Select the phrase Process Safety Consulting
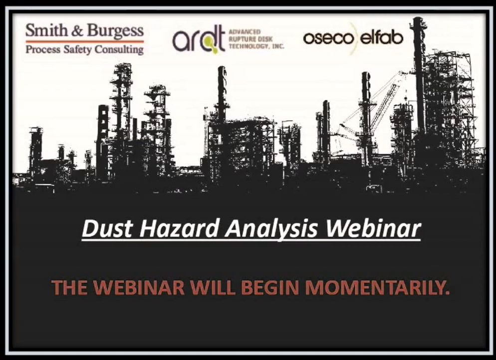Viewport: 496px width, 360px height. (x=84, y=49)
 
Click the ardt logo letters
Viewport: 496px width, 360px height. (x=198, y=41)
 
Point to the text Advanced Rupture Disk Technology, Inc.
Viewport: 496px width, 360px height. (x=255, y=39)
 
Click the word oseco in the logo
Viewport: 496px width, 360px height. (x=325, y=38)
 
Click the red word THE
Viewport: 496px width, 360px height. (x=69, y=288)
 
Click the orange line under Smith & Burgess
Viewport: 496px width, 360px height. (x=84, y=41)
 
